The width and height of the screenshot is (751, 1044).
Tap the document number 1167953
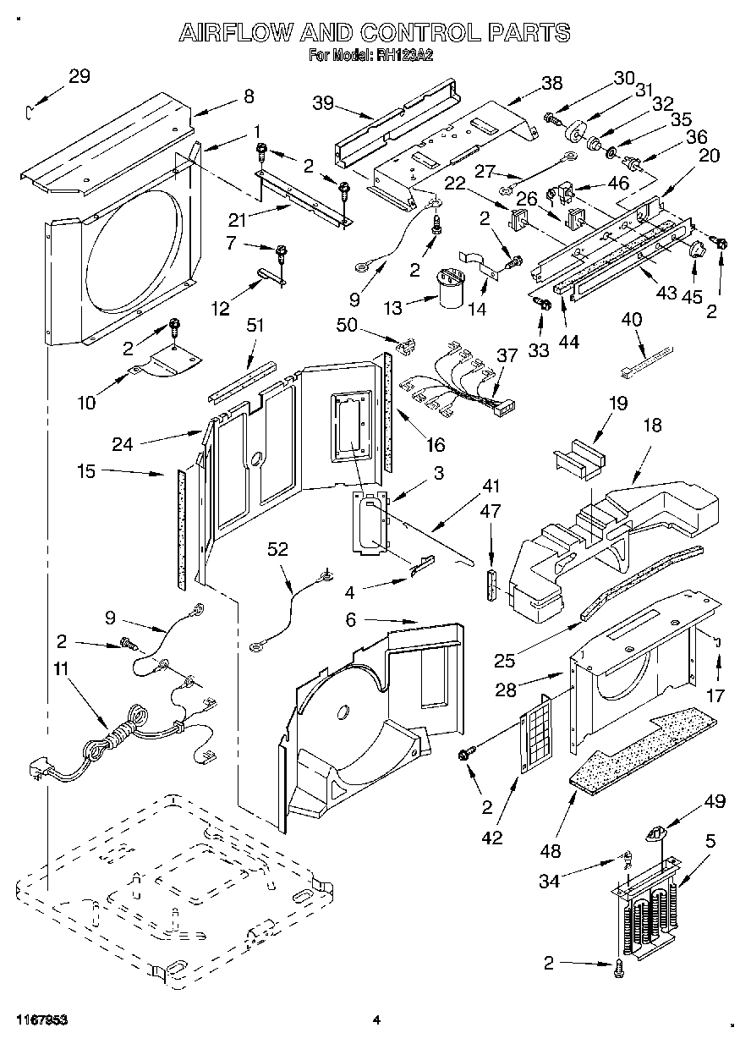[x=40, y=1020]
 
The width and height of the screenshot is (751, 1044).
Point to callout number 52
[x=278, y=550]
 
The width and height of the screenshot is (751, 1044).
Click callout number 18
[x=653, y=426]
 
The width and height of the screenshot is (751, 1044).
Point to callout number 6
[x=351, y=620]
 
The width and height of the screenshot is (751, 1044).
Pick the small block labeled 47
[x=490, y=585]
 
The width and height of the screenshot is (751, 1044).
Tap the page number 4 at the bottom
[x=376, y=1020]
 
